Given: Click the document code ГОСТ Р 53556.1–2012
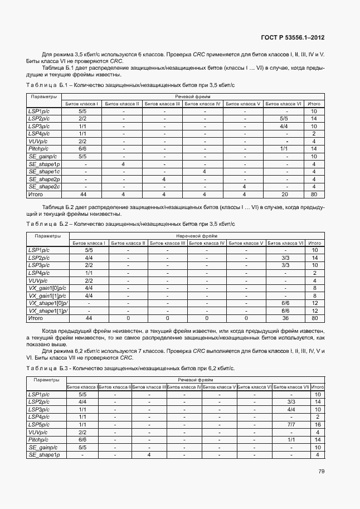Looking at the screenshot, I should pyautogui.click(x=293, y=37).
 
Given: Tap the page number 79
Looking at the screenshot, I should pyautogui.click(x=321, y=471).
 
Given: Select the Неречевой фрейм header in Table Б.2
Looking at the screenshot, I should pyautogui.click(x=192, y=236).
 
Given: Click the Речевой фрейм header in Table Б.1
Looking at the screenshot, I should pyautogui.click(x=192, y=96).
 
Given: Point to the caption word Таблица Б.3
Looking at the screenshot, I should pyautogui.click(x=46, y=369).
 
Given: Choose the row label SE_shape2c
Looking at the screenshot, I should pyautogui.click(x=44, y=187).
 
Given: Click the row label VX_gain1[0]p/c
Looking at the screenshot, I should pyautogui.click(x=47, y=288).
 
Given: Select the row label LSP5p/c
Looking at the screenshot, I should pyautogui.click(x=39, y=424).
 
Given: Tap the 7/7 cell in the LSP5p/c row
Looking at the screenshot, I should pyautogui.click(x=291, y=424).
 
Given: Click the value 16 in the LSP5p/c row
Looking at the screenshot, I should pyautogui.click(x=317, y=424).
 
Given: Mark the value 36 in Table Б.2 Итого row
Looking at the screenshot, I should pyautogui.click(x=285, y=318).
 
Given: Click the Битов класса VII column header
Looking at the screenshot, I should pyautogui.click(x=291, y=387).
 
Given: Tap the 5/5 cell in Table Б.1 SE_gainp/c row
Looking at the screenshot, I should pyautogui.click(x=82, y=157).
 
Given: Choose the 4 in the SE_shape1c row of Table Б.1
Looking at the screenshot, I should pyautogui.click(x=205, y=172).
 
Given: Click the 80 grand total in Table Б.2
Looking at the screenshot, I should pyautogui.click(x=315, y=318).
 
